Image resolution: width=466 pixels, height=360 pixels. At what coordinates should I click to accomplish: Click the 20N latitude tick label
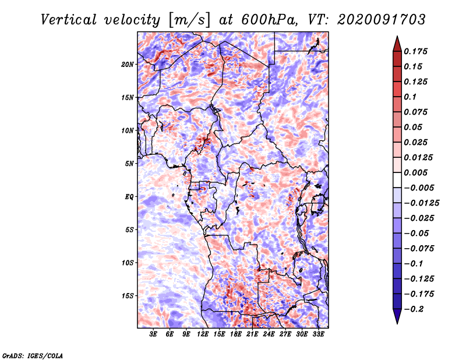click(x=128, y=65)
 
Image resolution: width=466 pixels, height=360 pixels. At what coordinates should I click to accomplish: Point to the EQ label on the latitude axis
click(x=129, y=197)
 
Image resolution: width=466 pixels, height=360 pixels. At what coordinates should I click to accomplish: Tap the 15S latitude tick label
click(x=128, y=296)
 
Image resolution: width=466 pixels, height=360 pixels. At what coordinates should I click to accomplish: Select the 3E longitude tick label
click(x=153, y=334)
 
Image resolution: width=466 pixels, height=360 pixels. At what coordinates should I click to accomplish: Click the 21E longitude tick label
click(x=252, y=334)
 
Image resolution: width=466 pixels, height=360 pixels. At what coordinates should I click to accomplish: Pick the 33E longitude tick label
click(x=318, y=334)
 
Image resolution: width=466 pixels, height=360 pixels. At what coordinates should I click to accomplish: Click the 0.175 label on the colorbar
click(x=415, y=51)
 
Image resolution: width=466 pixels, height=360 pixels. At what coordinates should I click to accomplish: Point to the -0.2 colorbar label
click(x=414, y=309)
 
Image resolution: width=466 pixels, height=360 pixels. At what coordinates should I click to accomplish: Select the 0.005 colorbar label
click(x=415, y=172)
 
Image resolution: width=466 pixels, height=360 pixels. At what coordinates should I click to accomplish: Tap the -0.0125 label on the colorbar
click(x=421, y=203)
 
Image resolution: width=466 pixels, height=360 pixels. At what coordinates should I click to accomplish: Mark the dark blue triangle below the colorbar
click(x=397, y=316)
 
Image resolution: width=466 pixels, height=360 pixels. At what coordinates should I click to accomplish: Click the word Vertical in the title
click(x=69, y=20)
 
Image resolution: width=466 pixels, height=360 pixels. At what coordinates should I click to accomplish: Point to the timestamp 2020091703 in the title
click(x=382, y=20)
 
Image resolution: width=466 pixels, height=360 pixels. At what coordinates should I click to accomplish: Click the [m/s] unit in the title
click(x=190, y=20)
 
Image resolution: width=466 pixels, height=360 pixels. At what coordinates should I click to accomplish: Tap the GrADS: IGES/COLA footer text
click(x=33, y=355)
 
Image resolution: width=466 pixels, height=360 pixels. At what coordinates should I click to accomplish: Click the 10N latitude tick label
click(x=128, y=130)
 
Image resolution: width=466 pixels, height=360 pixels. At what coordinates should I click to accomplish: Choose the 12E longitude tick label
click(x=202, y=334)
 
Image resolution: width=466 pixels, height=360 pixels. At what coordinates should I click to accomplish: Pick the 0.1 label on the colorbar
click(x=410, y=97)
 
